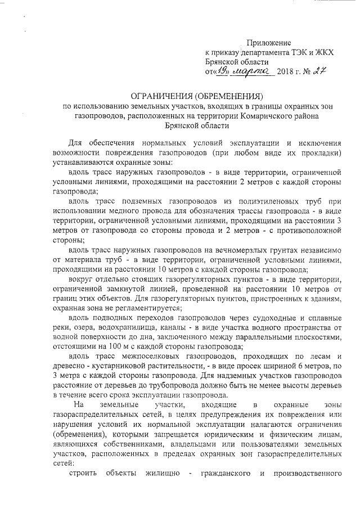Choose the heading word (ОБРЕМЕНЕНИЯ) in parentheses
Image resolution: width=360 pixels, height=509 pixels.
(x=224, y=96)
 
